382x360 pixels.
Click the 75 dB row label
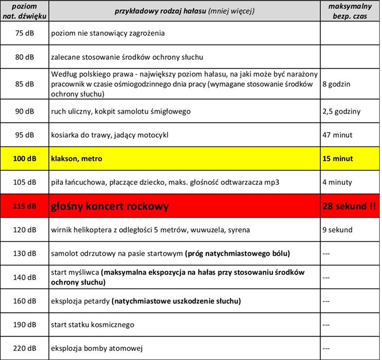tap(25, 33)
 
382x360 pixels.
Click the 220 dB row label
tap(25, 348)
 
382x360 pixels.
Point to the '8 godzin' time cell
tap(336, 84)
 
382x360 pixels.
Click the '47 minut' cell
tap(338, 135)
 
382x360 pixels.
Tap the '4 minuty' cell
tap(337, 182)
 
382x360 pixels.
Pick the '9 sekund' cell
tap(338, 230)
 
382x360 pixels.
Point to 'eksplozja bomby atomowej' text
tap(97, 348)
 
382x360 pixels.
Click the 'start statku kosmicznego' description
tap(93, 324)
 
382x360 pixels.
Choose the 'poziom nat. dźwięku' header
tap(25, 11)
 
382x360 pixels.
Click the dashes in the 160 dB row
tap(327, 301)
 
